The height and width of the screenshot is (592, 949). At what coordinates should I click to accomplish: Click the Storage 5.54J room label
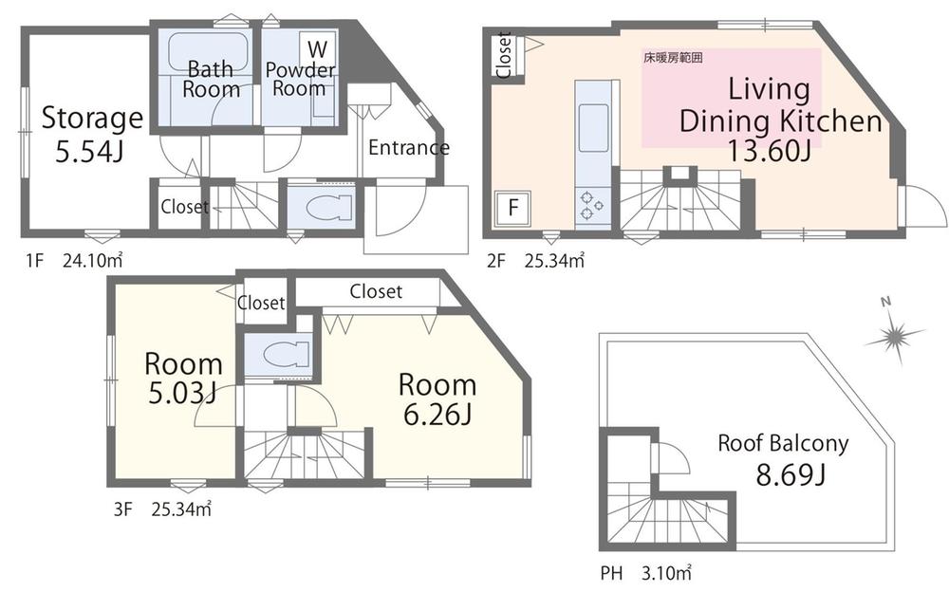[92, 134]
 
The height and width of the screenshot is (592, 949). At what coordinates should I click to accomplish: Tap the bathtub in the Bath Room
[208, 51]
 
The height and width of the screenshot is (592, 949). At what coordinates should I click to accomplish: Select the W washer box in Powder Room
[317, 47]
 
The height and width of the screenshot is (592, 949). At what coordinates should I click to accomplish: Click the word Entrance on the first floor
[408, 147]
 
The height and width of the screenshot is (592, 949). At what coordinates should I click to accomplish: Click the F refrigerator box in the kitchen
[512, 208]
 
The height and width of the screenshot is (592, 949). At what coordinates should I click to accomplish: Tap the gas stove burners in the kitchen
[591, 205]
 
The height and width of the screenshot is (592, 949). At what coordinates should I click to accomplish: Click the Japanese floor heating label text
[673, 58]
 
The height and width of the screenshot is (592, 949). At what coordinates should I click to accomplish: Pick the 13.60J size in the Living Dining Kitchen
[768, 150]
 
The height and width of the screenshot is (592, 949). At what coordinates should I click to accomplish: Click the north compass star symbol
[894, 334]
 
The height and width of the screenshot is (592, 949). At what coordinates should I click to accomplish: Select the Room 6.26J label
[437, 399]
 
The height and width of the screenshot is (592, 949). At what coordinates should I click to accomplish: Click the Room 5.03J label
[183, 379]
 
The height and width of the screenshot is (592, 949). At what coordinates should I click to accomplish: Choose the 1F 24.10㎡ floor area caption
[74, 261]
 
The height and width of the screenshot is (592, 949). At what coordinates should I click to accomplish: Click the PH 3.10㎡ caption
[645, 572]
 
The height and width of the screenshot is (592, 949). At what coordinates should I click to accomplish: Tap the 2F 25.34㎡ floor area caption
[535, 261]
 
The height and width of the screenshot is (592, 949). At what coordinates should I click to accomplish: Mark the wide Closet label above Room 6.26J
[376, 291]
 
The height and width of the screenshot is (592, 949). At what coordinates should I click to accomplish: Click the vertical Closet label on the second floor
[504, 55]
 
